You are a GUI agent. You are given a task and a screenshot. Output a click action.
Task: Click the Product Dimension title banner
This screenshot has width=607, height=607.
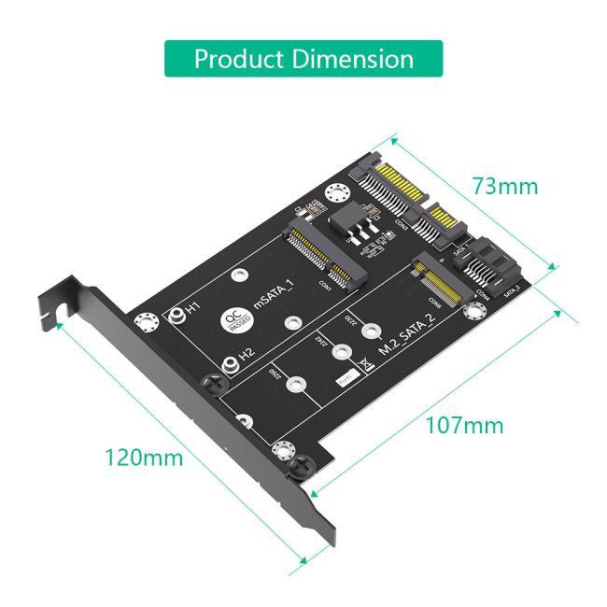click(303, 58)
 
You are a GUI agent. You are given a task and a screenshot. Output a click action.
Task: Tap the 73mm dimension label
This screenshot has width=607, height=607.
click(504, 186)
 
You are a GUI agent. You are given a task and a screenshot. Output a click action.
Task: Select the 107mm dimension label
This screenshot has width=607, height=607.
click(464, 425)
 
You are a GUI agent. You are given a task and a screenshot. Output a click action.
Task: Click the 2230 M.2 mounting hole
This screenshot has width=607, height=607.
click(373, 329)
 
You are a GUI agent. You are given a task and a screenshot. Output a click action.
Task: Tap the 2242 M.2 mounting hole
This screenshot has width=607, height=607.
click(342, 353)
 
